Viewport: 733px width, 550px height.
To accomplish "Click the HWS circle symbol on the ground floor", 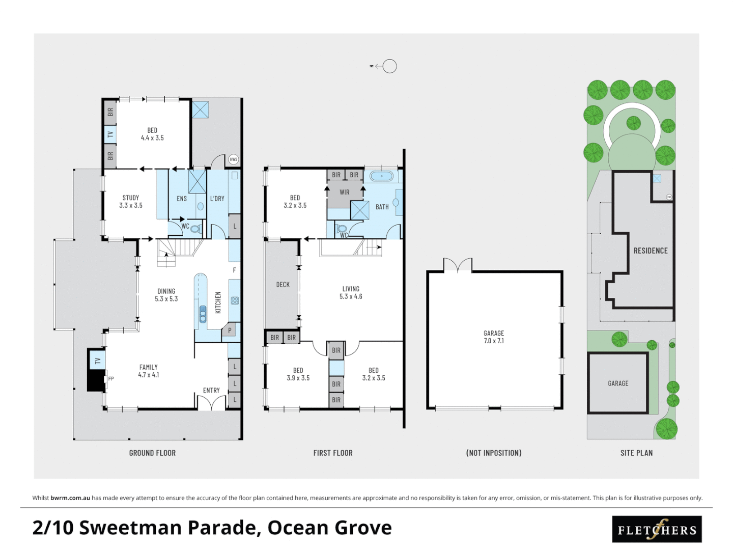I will click(233, 159).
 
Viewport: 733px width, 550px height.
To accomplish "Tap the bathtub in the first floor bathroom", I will click(381, 177).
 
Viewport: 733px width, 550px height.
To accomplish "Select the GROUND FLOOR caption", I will click(152, 453).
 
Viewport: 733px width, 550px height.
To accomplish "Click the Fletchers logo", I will click(657, 530).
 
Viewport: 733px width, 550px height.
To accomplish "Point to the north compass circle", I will click(389, 66).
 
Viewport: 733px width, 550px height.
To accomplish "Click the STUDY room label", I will click(131, 198).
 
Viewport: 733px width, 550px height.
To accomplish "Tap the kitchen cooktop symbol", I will click(235, 300).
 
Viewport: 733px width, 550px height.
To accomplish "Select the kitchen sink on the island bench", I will click(203, 314).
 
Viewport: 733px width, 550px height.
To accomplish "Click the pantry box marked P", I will click(230, 331).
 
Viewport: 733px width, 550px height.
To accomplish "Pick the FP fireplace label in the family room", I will click(111, 378).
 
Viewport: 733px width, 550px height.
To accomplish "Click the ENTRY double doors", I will click(211, 403).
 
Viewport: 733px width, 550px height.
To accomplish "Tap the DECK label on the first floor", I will click(283, 285).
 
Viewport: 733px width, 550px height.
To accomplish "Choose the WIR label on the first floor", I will click(345, 192).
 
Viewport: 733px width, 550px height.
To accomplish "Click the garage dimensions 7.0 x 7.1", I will click(494, 341).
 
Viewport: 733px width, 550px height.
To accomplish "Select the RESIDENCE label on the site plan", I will click(650, 251).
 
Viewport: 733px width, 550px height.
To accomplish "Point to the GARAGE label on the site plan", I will click(618, 383).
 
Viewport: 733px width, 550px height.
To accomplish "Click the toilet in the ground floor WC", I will click(195, 229).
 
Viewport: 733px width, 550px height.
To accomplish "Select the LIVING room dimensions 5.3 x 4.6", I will click(351, 296).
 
